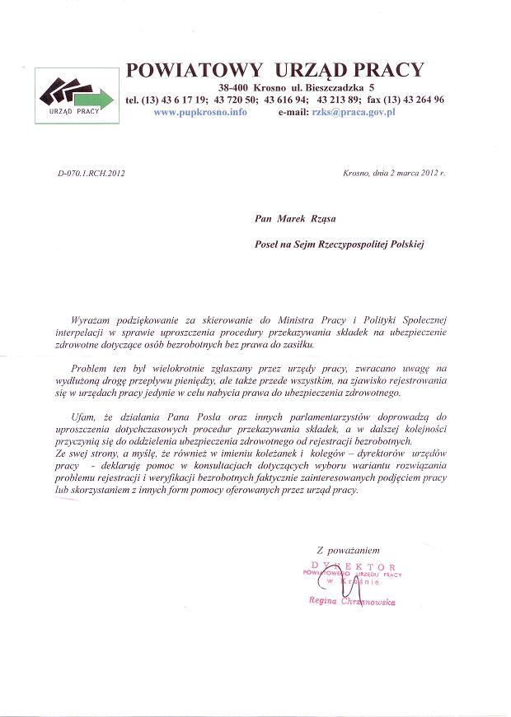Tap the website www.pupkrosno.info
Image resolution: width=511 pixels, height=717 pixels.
[200, 111]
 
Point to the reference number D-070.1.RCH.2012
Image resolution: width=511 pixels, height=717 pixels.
[91, 174]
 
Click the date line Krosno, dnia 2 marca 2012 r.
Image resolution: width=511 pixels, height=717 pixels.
[393, 174]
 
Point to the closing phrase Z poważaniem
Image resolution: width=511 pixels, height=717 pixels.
[349, 548]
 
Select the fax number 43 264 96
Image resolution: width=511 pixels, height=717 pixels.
[421, 100]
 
